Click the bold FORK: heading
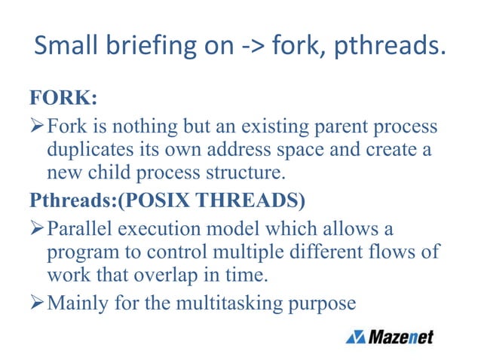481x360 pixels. (x=63, y=98)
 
